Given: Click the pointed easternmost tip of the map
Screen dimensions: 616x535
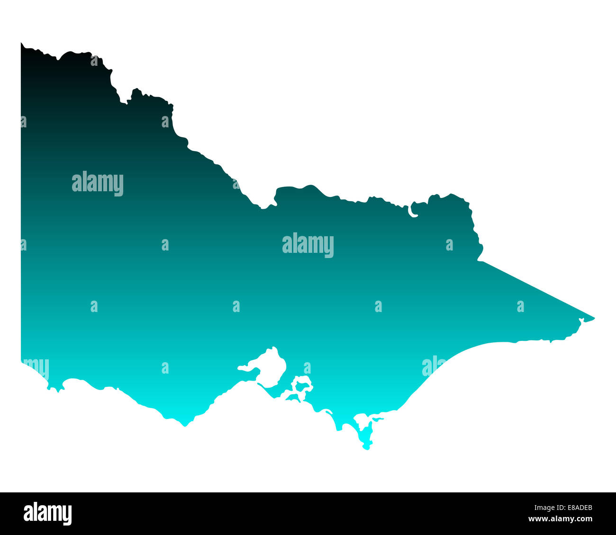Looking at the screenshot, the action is (594, 318).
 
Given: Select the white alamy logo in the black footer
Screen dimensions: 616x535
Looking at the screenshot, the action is (48, 514).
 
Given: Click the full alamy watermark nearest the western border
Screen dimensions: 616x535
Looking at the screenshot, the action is (98, 184).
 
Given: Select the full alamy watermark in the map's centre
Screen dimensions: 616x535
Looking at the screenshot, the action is (308, 245).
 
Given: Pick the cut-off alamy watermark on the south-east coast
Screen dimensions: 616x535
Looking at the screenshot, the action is (433, 366).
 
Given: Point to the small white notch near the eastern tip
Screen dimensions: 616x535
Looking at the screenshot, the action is (581, 322).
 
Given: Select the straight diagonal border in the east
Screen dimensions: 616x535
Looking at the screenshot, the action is (535, 288).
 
